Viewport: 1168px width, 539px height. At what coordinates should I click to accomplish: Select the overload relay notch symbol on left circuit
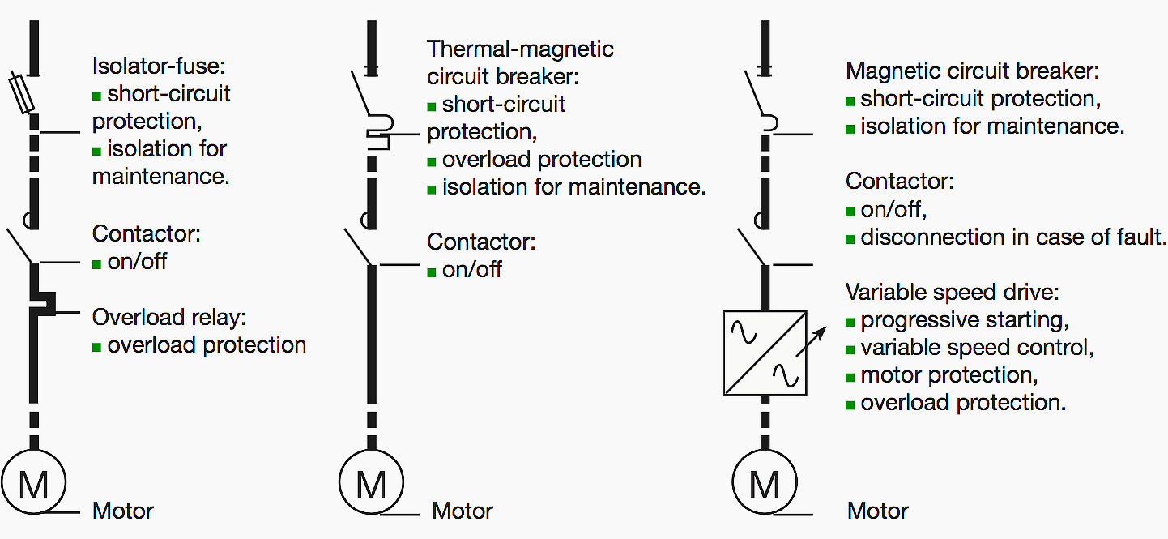click(x=45, y=303)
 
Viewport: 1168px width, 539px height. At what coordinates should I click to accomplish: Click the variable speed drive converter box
click(x=764, y=353)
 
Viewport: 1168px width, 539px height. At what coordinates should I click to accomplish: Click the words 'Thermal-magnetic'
click(x=520, y=49)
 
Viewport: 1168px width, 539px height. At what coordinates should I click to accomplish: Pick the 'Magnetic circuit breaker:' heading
click(x=972, y=71)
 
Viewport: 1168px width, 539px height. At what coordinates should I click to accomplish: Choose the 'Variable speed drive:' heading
click(x=952, y=292)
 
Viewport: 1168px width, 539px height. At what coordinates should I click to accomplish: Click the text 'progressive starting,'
click(x=965, y=320)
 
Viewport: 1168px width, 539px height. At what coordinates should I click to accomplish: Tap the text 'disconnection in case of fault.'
click(x=1012, y=237)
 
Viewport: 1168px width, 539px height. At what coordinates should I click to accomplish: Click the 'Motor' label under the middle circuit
click(x=462, y=511)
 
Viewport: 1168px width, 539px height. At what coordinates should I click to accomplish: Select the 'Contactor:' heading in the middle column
click(x=481, y=242)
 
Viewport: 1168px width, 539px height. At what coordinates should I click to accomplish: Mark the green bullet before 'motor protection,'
click(x=850, y=377)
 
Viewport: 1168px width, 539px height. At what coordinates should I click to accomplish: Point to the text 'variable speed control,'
click(x=977, y=348)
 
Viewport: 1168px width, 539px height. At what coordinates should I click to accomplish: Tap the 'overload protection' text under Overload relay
click(x=207, y=345)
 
